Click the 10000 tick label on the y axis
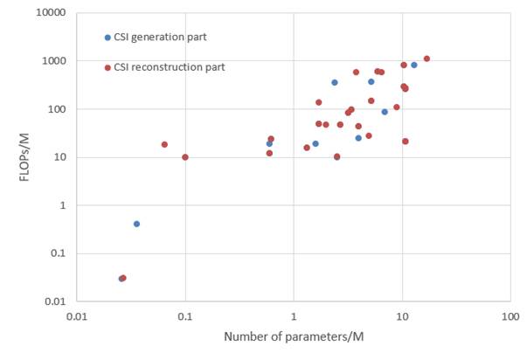point(52,13)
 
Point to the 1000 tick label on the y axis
point(54,61)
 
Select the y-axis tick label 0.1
point(59,253)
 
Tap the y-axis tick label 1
point(65,205)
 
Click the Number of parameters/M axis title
point(293,337)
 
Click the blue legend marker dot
point(107,38)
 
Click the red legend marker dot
point(107,67)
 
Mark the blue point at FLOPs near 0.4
point(136,224)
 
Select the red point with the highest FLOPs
point(426,59)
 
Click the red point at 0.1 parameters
point(185,157)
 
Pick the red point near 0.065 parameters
point(164,144)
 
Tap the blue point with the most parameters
point(414,65)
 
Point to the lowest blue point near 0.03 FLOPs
point(121,279)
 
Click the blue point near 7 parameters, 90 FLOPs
point(385,112)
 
